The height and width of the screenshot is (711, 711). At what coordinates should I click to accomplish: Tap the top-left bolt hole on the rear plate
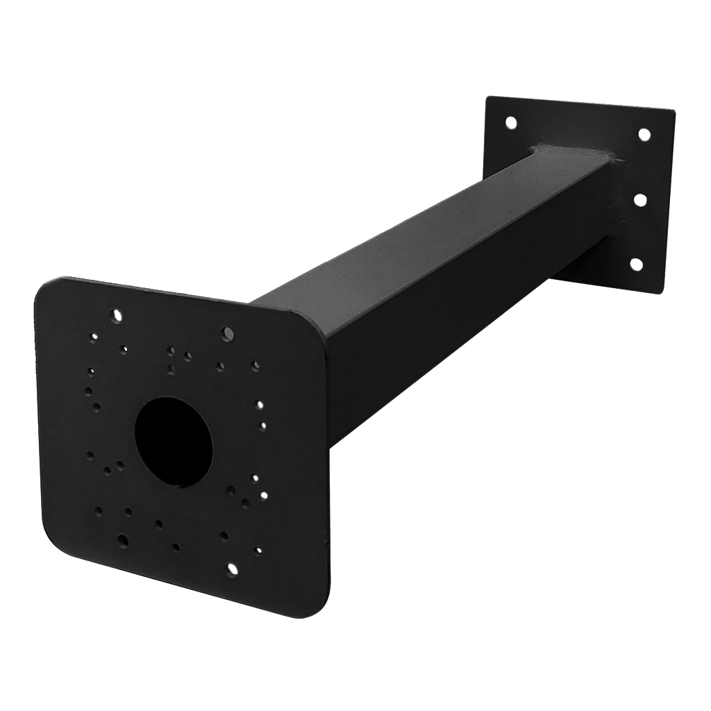pos(510,123)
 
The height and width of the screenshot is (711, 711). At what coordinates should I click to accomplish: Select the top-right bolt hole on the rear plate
pos(644,134)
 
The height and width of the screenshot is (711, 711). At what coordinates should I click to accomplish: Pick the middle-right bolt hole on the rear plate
pos(640,200)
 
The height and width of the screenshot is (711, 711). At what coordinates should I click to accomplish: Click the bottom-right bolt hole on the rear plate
pos(635,264)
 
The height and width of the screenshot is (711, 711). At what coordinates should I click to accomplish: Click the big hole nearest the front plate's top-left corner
pos(117,315)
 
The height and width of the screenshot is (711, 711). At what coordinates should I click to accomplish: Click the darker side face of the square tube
pos(444,333)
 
